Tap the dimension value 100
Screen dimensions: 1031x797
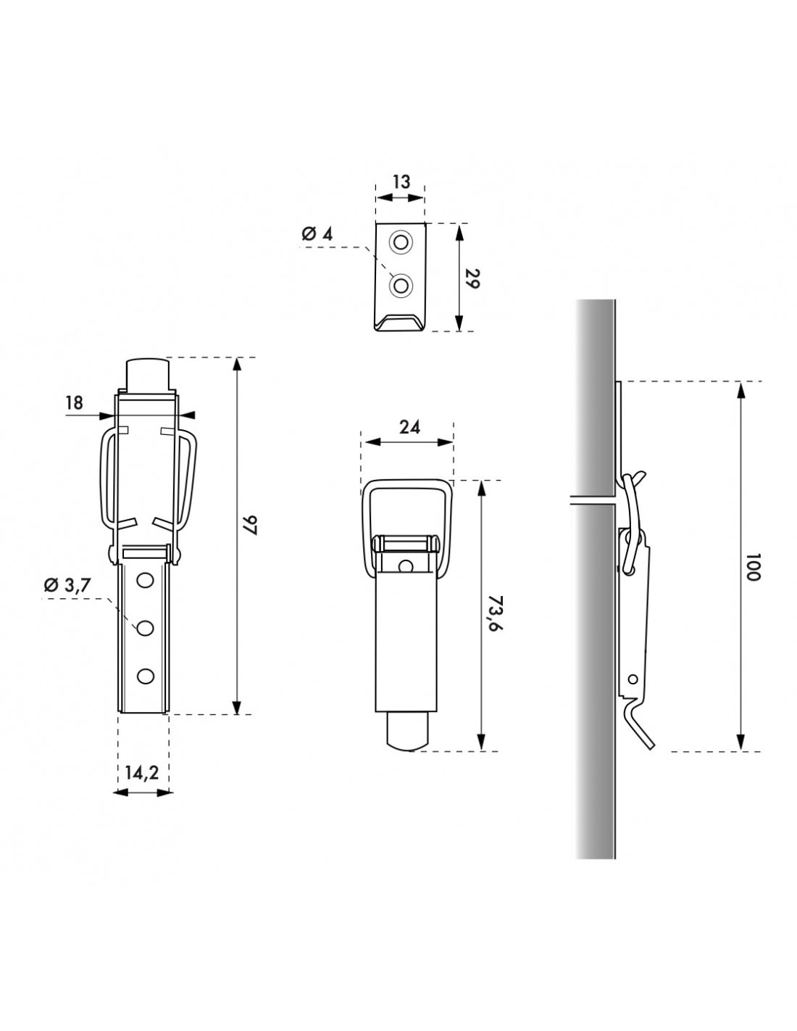pos(751,566)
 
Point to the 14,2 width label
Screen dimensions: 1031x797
pos(141,773)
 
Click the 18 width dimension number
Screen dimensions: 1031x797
pos(74,403)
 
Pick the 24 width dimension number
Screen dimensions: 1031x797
pos(409,427)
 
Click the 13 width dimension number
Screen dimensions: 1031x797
pos(401,181)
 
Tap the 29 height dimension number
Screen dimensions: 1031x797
pos(472,279)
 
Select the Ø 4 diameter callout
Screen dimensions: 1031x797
pos(316,233)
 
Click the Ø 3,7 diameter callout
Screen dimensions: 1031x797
pos(67,586)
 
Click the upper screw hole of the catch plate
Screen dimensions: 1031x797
pos(399,241)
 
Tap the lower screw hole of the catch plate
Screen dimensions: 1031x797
pos(399,286)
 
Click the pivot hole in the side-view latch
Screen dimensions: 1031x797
pos(633,679)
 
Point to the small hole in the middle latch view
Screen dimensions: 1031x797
pos(407,566)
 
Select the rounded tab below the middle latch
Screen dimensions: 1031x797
pos(408,732)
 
